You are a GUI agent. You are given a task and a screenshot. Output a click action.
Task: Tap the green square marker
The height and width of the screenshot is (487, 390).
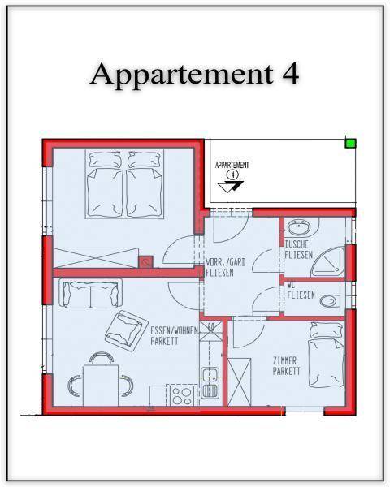point(350,143)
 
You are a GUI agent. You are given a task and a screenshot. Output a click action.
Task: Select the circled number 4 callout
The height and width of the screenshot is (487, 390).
point(232,175)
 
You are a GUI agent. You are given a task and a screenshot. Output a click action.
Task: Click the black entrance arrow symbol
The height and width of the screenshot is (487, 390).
point(231,187)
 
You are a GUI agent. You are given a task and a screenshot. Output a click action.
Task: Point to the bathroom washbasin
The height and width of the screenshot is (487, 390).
point(298,226)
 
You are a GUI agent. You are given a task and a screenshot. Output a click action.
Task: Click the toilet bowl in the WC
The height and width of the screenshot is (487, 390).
point(329,300)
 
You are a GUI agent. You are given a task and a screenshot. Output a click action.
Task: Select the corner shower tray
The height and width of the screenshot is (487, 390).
point(328,262)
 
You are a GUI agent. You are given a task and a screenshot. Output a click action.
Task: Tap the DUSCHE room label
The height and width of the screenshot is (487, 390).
point(297,244)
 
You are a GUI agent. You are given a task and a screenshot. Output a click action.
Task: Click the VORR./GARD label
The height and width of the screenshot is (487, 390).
point(226,262)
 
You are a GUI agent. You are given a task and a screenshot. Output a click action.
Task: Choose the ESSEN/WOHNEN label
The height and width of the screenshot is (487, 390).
point(175,330)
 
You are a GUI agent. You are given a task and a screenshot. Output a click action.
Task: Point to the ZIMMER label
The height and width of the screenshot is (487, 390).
point(284,361)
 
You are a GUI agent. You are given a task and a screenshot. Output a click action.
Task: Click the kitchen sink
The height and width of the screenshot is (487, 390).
point(210,383)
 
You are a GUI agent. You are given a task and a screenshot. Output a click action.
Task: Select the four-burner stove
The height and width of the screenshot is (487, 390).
point(182,396)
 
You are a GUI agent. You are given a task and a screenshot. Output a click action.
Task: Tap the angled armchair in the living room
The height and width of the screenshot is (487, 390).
point(126,330)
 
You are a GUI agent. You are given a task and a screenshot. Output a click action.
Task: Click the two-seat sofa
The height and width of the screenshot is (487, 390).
point(90,293)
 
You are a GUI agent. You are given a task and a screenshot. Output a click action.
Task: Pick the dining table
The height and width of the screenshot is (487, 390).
point(101,386)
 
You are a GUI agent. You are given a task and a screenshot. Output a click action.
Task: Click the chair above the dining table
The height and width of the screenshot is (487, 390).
point(101,358)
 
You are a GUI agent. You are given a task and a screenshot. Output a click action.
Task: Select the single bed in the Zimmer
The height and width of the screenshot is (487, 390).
point(327,355)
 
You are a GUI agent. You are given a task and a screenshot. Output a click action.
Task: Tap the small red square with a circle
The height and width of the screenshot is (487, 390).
point(145,262)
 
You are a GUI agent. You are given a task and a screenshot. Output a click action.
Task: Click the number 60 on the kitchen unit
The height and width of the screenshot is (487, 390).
point(211,327)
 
